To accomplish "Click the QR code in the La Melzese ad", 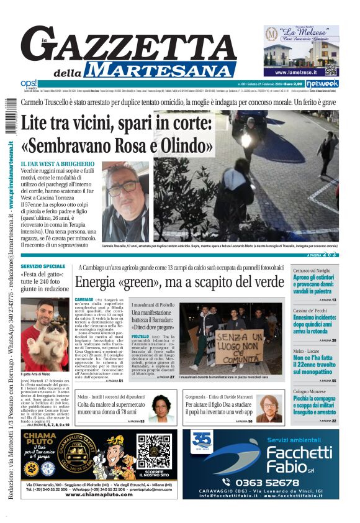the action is pos(331,69).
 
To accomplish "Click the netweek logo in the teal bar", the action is pos(322,83).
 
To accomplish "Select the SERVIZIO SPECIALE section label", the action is pos(43,266).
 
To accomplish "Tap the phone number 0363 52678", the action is pos(268,482).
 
